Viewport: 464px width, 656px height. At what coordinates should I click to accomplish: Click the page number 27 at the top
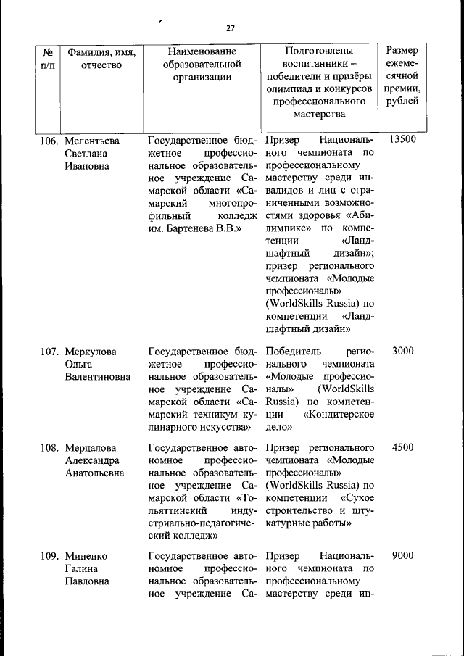tap(231, 28)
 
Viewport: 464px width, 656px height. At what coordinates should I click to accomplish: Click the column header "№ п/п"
tap(46, 59)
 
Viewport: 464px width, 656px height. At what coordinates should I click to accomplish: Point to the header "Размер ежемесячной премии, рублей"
tap(402, 76)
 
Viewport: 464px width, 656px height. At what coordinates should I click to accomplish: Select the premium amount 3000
tap(402, 352)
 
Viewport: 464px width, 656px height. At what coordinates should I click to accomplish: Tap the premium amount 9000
tap(402, 556)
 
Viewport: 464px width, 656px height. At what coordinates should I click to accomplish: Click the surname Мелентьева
tap(92, 140)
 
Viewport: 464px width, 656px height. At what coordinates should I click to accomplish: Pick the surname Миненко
tap(86, 556)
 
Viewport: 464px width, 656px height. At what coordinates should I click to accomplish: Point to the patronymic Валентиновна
tap(98, 378)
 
